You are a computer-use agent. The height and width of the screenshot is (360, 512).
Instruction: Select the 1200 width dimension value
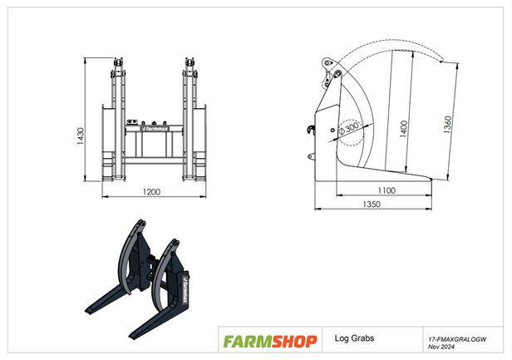150,192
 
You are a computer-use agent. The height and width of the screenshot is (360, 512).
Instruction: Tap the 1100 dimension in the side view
386,190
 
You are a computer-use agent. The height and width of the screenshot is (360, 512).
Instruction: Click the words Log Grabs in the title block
353,339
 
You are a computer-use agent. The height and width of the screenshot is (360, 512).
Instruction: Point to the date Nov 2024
441,347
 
